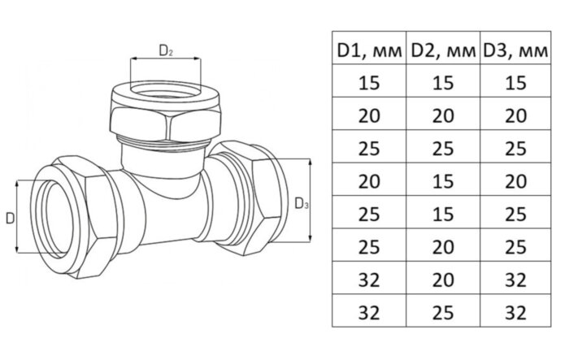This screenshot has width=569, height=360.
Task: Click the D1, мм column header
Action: click(x=369, y=51)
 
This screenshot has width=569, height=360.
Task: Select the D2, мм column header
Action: click(x=443, y=51)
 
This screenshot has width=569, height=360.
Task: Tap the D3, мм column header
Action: click(x=515, y=51)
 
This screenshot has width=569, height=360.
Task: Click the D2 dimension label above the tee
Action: click(x=166, y=51)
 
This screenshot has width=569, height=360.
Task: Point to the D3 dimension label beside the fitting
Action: click(x=302, y=204)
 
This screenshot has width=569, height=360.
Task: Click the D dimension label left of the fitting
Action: click(x=10, y=219)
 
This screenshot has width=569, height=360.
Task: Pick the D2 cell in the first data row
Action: click(x=443, y=83)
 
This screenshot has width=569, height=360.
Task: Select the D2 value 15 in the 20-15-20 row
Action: click(x=443, y=181)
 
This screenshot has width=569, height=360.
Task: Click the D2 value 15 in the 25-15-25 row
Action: click(x=443, y=214)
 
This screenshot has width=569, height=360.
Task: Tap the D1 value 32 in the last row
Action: click(x=369, y=313)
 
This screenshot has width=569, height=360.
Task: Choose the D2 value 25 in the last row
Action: click(x=443, y=313)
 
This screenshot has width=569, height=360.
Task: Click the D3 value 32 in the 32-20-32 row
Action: click(x=515, y=280)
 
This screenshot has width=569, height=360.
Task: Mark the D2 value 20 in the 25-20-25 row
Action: click(x=443, y=247)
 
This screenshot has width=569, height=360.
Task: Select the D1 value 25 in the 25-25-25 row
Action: click(x=369, y=149)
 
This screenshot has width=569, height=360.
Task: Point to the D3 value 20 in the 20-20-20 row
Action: click(x=515, y=116)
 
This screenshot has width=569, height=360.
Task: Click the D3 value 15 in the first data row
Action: click(x=515, y=83)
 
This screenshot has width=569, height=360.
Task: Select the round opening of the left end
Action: click(x=58, y=219)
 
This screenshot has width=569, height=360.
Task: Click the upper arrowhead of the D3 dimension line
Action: click(x=310, y=163)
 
